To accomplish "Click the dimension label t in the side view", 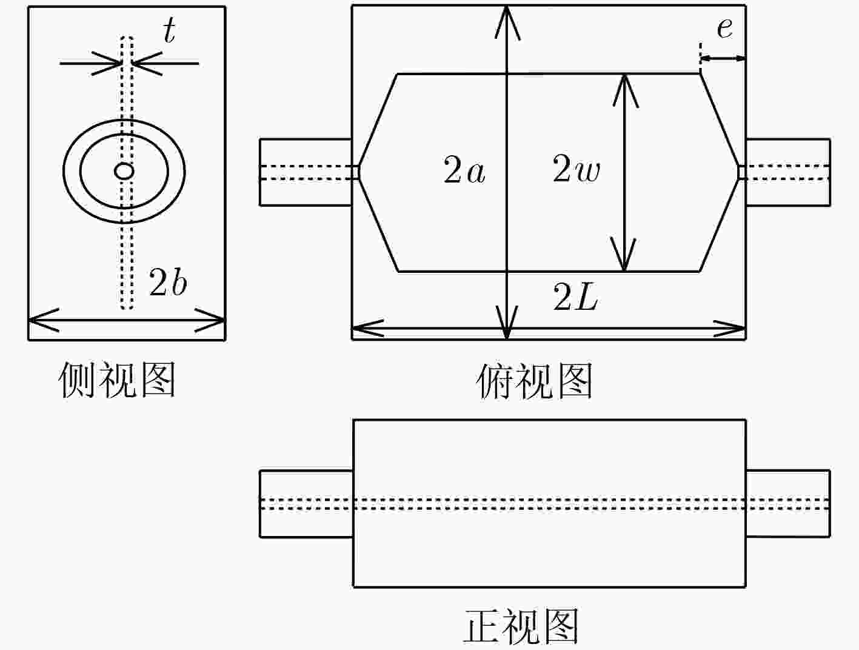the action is tap(169, 30).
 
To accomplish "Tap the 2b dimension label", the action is tap(168, 283).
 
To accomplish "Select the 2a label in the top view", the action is tap(464, 170).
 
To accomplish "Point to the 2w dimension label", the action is tap(576, 169).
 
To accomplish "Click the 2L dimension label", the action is tap(575, 297).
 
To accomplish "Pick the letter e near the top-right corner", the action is tap(724, 28).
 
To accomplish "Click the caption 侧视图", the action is tap(116, 379).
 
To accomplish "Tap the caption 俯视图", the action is tap(534, 381).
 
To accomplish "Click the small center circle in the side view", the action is tap(124, 171).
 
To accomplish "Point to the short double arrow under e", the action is tap(723, 59).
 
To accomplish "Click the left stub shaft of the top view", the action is tap(306, 172).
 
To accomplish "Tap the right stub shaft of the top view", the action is tap(788, 172).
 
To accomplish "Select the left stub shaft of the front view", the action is tap(306, 504).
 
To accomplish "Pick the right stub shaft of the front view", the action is tap(788, 504).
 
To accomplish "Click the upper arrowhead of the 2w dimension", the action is tap(626, 90).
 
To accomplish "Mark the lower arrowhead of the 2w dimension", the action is tap(623, 254).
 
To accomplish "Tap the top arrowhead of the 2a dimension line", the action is tap(507, 22).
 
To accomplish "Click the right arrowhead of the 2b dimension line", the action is tap(210, 320).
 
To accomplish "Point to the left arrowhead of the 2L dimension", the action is tap(368, 328).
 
